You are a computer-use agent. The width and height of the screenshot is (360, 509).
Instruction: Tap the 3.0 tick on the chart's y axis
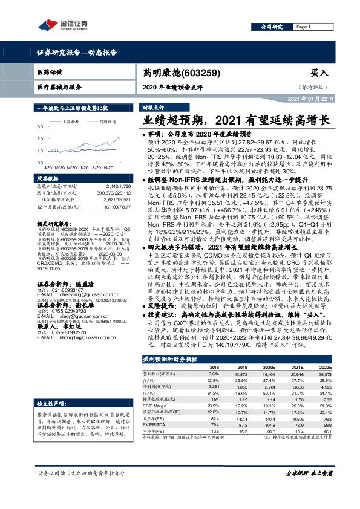[41, 127]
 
